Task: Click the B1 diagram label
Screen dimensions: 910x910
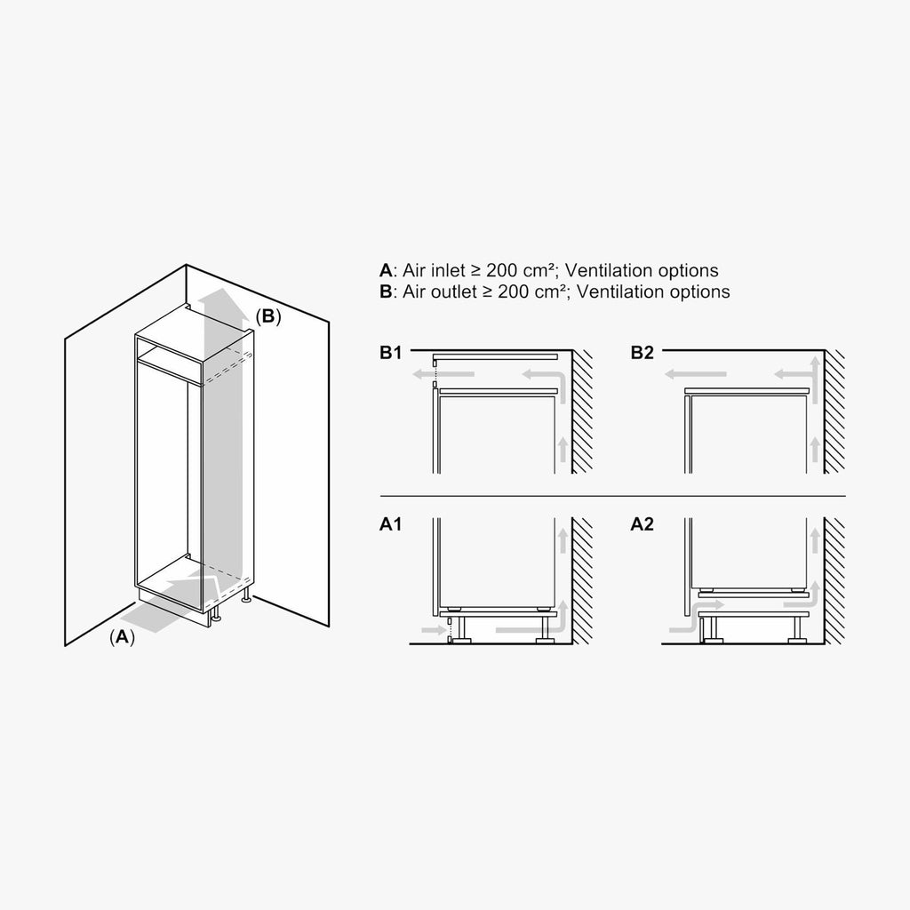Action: coord(390,352)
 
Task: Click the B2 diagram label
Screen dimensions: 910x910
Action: coord(642,352)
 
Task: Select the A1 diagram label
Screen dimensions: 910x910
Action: coord(390,524)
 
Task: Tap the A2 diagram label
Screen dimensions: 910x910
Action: coord(642,524)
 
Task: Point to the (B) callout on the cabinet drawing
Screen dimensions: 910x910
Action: coord(268,316)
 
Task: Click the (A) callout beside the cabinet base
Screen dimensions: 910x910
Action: coord(122,636)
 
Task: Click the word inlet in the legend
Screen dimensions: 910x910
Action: coord(449,270)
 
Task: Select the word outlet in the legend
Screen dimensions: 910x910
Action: coord(454,291)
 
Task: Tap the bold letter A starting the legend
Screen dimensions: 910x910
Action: coord(386,270)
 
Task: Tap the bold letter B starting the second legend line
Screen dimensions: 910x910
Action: coord(386,291)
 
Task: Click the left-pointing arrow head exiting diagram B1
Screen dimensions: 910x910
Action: coord(419,374)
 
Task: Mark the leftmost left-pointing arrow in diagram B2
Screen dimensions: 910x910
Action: coord(695,374)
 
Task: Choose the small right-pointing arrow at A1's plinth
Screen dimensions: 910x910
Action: coord(432,630)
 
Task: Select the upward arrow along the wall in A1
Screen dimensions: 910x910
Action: coord(563,540)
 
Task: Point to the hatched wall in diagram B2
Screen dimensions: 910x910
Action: coord(834,411)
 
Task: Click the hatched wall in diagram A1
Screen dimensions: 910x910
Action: coord(582,581)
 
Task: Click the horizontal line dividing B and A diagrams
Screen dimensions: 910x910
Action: coord(613,497)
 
